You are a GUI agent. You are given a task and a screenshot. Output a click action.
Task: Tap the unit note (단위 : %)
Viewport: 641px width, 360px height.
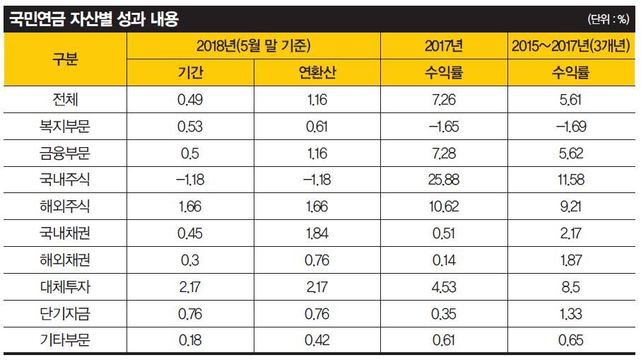pyautogui.click(x=607, y=20)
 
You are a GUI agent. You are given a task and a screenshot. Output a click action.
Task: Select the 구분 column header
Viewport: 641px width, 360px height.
pyautogui.click(x=65, y=59)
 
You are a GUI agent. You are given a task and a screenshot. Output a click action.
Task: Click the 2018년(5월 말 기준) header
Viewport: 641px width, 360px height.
pyautogui.click(x=253, y=47)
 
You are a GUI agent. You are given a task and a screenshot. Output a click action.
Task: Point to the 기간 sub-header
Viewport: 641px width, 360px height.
pyautogui.click(x=190, y=73)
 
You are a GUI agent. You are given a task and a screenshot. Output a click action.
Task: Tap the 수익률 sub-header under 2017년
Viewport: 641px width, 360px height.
pyautogui.click(x=444, y=73)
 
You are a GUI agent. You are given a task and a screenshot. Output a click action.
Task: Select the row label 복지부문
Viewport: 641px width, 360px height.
pyautogui.click(x=65, y=127)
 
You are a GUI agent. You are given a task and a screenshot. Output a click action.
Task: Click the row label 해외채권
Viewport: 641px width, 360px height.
pyautogui.click(x=65, y=260)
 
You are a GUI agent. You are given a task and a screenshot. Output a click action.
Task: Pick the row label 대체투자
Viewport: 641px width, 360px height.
pyautogui.click(x=65, y=286)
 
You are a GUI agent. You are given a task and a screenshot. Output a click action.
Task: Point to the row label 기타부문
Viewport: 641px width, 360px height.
pyautogui.click(x=65, y=340)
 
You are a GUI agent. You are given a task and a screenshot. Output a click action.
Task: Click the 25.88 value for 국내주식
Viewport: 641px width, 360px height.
pyautogui.click(x=444, y=180)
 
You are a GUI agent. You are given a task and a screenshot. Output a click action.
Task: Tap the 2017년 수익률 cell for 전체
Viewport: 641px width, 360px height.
pyautogui.click(x=444, y=100)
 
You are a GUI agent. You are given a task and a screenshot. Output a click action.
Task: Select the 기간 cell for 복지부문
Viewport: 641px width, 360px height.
pyautogui.click(x=190, y=127)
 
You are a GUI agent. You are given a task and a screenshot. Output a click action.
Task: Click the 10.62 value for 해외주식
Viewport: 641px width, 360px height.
pyautogui.click(x=444, y=207)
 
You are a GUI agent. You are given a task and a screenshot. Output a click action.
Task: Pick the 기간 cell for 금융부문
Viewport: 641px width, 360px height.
pyautogui.click(x=190, y=153)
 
